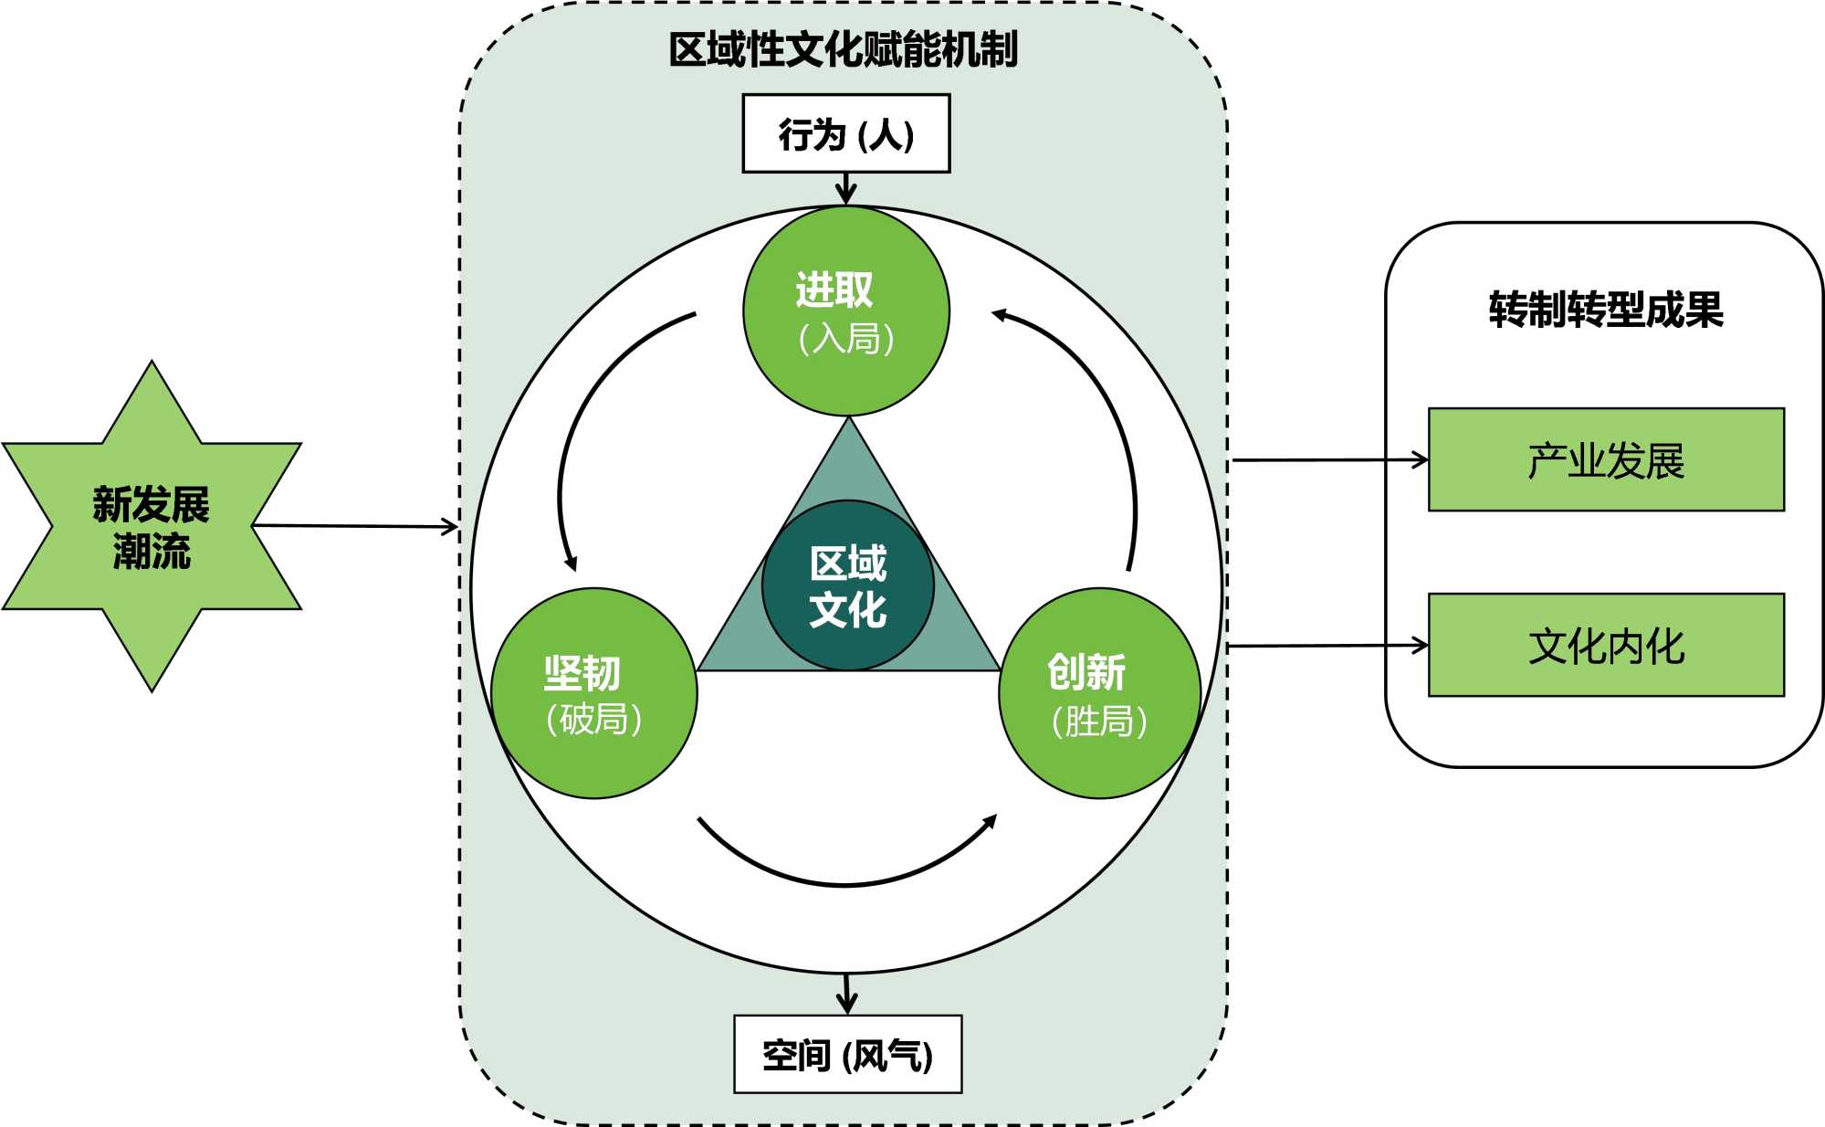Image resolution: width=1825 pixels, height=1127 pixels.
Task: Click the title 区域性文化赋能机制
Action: click(x=843, y=49)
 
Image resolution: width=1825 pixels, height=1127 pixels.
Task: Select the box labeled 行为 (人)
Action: click(x=845, y=133)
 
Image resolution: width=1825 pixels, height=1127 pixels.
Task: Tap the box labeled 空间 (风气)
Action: click(x=847, y=1054)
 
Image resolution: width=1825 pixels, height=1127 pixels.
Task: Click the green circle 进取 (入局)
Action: click(x=846, y=311)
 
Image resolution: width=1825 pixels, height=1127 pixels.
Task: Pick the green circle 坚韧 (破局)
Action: click(x=594, y=694)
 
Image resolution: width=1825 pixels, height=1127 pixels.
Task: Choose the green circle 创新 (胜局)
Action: click(x=1098, y=694)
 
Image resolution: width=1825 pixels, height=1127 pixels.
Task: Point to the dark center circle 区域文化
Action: click(x=847, y=585)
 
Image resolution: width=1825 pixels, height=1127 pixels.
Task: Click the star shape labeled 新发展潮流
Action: click(x=152, y=526)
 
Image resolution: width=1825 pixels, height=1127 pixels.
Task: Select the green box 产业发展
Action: click(x=1605, y=459)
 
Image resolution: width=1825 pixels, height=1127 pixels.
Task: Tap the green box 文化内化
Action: click(x=1605, y=646)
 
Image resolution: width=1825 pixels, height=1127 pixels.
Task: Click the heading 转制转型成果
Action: click(x=1605, y=310)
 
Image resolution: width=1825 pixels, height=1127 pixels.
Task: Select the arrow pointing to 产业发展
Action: click(x=1329, y=460)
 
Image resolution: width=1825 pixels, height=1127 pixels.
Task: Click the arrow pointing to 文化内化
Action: click(x=1329, y=647)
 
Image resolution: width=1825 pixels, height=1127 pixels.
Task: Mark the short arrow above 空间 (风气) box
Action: click(x=847, y=994)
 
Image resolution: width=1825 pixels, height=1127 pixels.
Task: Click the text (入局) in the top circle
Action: click(x=845, y=339)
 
